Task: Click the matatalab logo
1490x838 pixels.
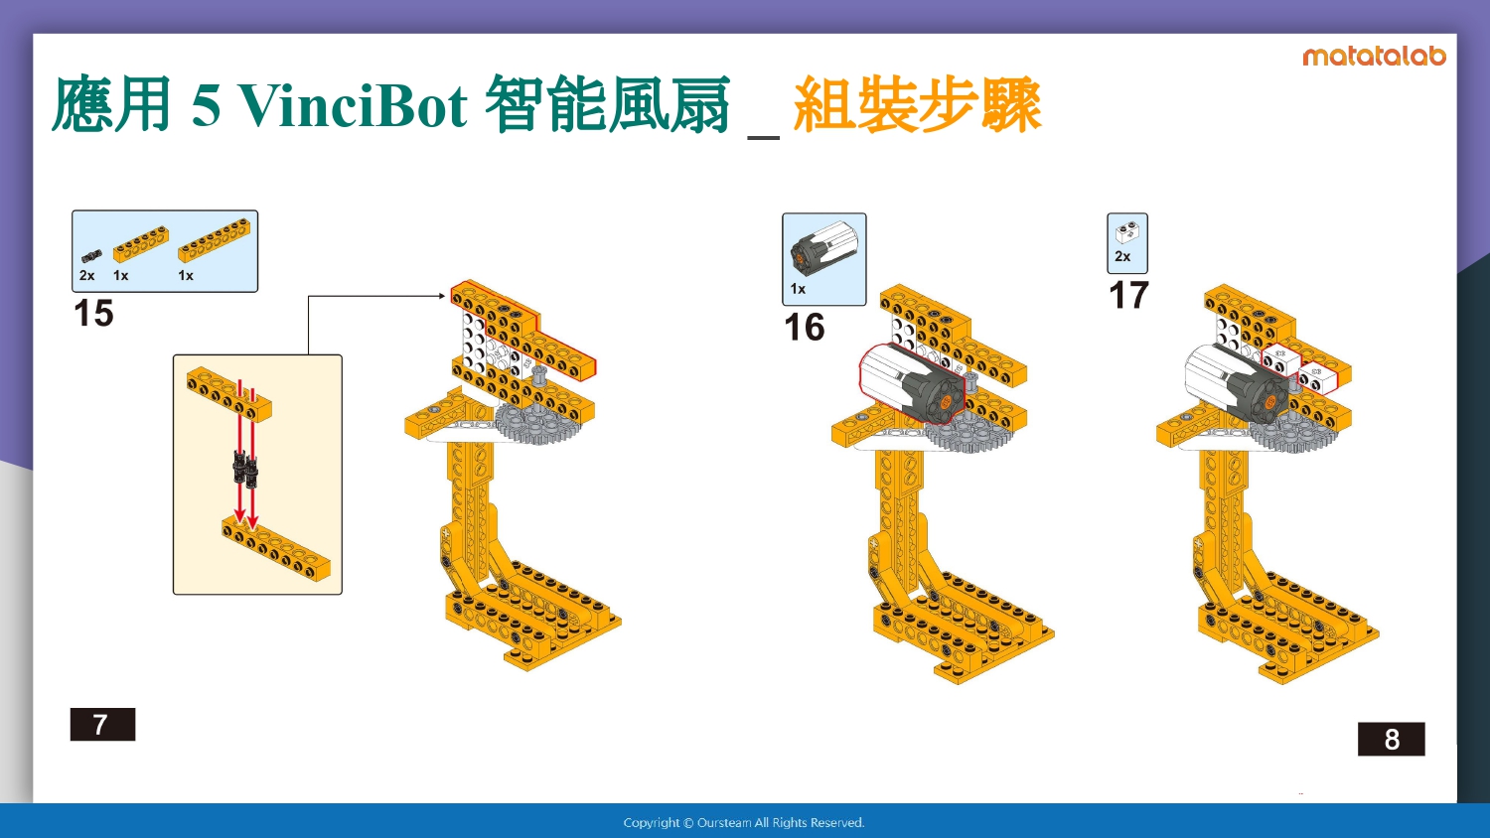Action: pos(1374,57)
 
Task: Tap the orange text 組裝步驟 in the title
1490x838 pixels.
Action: pos(917,104)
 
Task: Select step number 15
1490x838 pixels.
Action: pos(93,313)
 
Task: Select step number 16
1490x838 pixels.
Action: pos(805,328)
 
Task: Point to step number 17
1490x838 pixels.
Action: pos(1128,295)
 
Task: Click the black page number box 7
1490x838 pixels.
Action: pos(102,724)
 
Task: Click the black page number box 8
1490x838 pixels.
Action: pos(1392,739)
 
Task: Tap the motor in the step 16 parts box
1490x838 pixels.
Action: pos(823,249)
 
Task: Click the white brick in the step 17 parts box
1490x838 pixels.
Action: pos(1126,232)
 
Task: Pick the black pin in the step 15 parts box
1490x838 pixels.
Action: pos(91,256)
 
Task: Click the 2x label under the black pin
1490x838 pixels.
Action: pos(86,275)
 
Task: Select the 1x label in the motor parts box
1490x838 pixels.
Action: pos(798,289)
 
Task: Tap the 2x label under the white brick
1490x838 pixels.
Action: pos(1122,256)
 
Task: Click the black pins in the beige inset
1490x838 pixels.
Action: pos(244,468)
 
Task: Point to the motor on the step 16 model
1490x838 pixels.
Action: pos(912,383)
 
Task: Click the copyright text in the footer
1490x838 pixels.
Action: pos(744,823)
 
